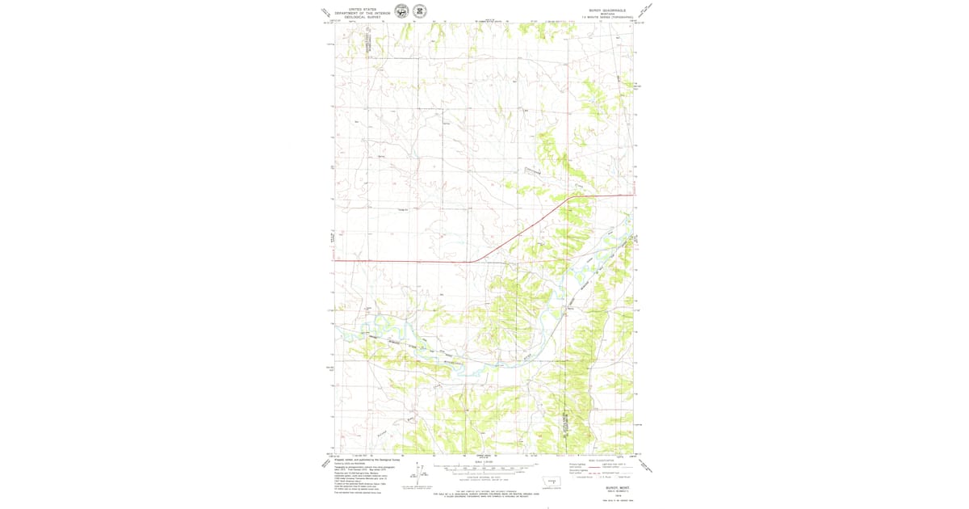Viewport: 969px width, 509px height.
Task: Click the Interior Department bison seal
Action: (x=401, y=11)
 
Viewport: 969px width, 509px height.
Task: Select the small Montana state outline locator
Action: (x=552, y=481)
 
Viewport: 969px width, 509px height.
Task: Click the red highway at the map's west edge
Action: (x=336, y=261)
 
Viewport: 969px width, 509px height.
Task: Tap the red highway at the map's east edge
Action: (x=631, y=195)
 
